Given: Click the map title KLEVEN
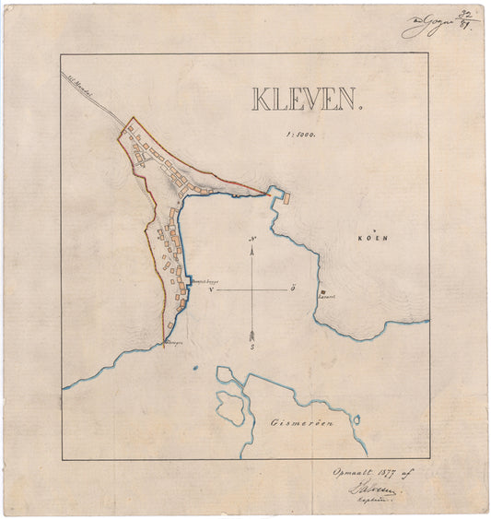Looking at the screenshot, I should [304, 99].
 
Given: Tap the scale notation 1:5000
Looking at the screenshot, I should [301, 134].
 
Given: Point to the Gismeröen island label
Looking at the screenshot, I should [300, 422].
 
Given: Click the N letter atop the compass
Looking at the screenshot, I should [252, 241].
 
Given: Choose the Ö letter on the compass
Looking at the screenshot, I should [292, 289].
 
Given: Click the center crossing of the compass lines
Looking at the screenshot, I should [252, 289].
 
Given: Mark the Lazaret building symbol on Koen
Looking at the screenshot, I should [321, 292].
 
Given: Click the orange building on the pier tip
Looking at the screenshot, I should [286, 197].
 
